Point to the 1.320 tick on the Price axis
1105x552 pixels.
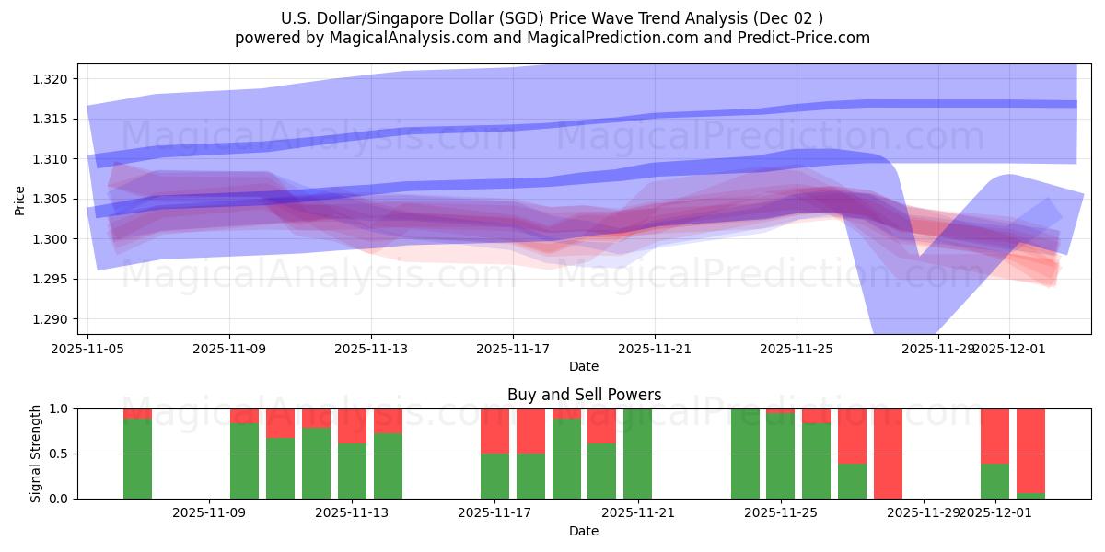[x=51, y=79]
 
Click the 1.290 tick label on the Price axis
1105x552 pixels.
[x=51, y=319]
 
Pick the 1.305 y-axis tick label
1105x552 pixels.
[x=51, y=200]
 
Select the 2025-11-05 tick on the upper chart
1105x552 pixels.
[x=87, y=349]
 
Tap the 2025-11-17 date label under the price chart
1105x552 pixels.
[x=513, y=349]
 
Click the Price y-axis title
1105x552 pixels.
[x=20, y=200]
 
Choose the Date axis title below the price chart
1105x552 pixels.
[x=584, y=366]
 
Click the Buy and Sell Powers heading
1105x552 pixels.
[x=584, y=395]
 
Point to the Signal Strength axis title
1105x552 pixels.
[x=36, y=454]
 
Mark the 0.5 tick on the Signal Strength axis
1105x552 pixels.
[x=59, y=454]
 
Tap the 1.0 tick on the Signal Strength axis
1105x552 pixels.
[x=59, y=408]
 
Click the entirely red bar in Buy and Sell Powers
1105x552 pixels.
[x=888, y=454]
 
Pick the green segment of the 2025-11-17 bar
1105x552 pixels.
[x=494, y=476]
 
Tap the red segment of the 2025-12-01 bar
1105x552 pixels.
[x=994, y=435]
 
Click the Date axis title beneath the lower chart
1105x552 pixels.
[x=584, y=531]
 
